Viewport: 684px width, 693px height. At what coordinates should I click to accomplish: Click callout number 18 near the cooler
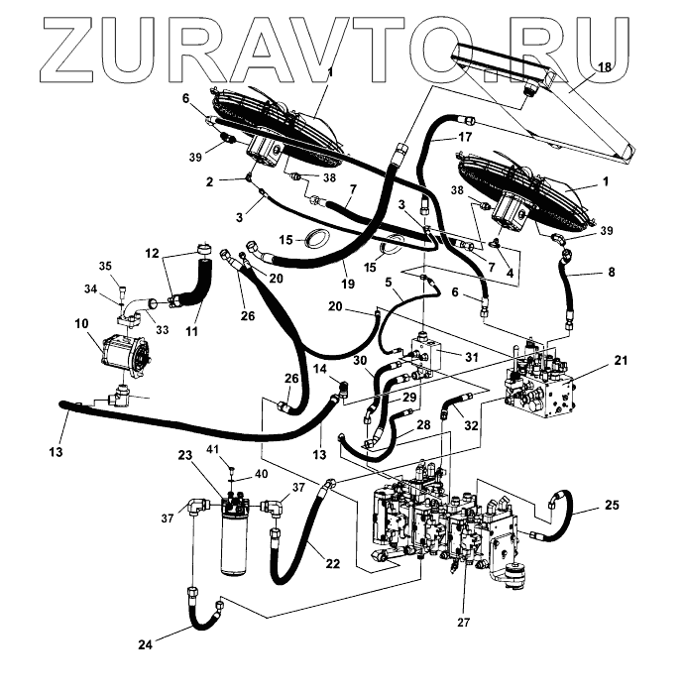point(604,66)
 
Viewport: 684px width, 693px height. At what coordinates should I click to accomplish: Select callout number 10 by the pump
point(80,324)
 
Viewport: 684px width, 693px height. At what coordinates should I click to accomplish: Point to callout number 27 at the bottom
point(462,623)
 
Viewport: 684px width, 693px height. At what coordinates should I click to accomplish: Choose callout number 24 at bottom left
point(145,645)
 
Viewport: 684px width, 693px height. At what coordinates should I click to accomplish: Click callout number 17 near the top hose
point(465,136)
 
